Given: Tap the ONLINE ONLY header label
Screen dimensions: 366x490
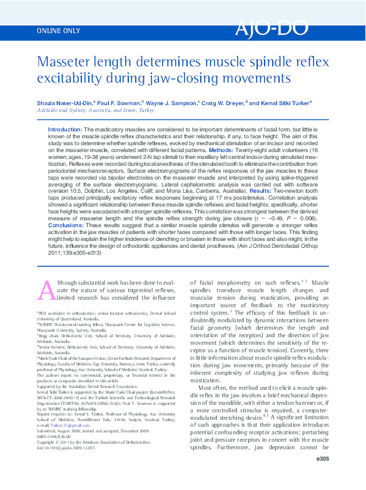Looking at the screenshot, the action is pyautogui.click(x=59, y=30).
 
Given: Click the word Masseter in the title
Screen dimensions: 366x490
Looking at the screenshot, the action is pyautogui.click(x=68, y=62).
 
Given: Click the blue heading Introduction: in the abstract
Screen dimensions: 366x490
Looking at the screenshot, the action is pyautogui.click(x=64, y=128).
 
